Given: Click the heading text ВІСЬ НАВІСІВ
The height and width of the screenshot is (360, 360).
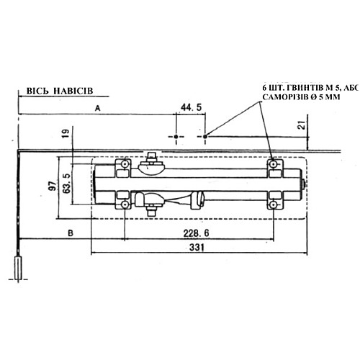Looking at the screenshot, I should [60, 92].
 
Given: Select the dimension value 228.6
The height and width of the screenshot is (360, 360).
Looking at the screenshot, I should [188, 233].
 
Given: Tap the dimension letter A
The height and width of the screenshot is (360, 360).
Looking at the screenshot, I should [96, 107].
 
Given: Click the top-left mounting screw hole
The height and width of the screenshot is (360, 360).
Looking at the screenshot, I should [125, 165].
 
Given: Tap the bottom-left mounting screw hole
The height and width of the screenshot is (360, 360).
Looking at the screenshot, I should [125, 205].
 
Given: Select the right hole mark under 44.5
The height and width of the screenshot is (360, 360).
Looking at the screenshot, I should [204, 135].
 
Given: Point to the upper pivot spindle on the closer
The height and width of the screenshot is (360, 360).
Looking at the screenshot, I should [151, 159].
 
